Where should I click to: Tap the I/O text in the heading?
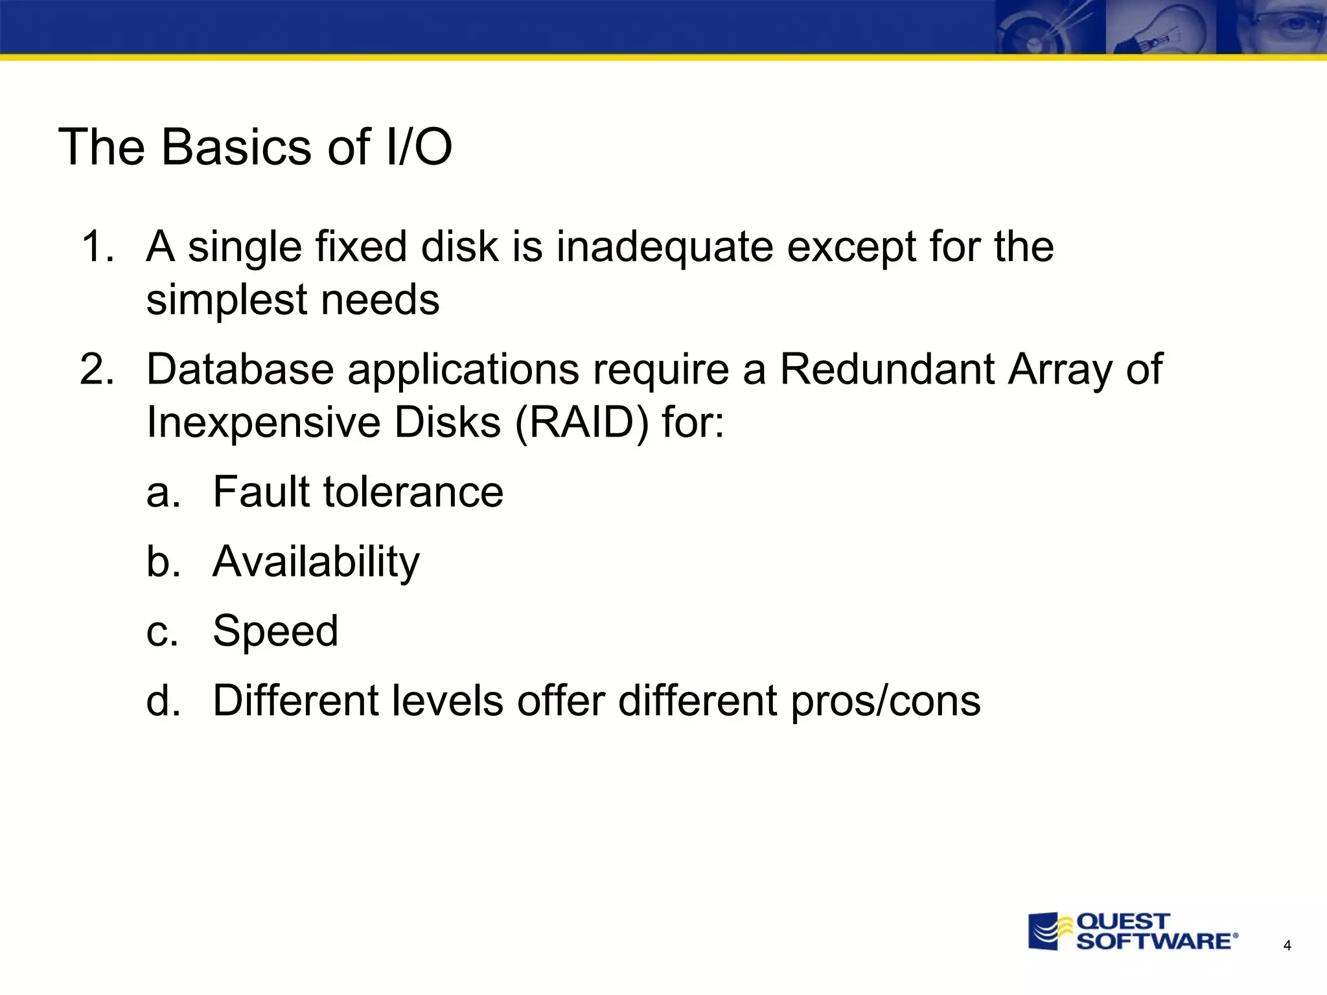418,147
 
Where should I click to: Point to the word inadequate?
664,248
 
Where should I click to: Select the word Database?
239,369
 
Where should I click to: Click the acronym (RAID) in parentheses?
581,423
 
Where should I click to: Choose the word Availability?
316,562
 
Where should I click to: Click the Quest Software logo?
1133,932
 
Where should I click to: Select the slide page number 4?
1287,946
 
